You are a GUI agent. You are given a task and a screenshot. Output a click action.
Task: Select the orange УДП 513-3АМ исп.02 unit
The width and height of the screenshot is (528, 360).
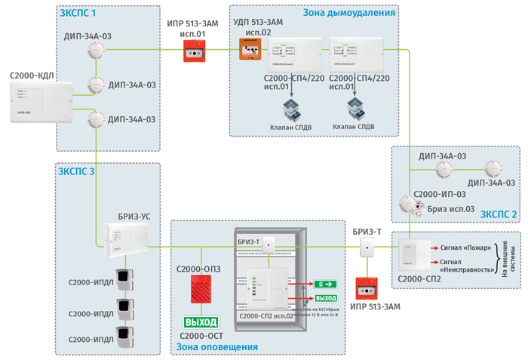tap(250, 50)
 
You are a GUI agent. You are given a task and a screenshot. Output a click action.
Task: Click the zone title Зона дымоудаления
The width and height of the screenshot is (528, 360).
tap(348, 13)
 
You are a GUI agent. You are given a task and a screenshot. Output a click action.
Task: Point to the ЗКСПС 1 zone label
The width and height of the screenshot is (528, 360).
tap(77, 13)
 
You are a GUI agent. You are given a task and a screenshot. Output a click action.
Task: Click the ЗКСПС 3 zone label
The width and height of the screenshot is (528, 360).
tap(77, 172)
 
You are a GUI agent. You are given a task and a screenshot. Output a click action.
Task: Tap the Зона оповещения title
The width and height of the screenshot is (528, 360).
tap(217, 347)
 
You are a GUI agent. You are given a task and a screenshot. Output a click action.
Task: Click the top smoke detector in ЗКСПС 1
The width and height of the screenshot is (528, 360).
tap(96, 50)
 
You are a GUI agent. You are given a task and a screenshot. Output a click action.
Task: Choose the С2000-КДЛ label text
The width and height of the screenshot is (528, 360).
tap(32, 76)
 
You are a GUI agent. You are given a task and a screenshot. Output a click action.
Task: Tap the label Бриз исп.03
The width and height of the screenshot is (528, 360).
tap(451, 208)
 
